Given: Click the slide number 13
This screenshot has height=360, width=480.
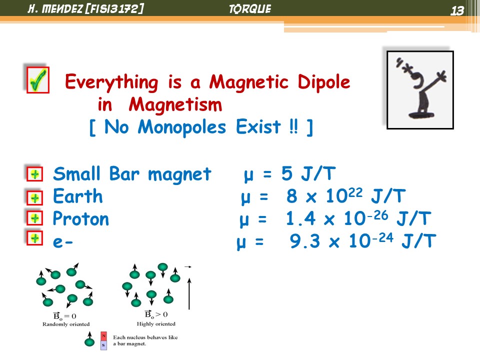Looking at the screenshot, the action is point(457,11).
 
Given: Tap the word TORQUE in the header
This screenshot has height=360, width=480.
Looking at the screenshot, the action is point(250,9).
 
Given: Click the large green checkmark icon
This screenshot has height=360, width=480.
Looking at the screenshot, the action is point(37,80).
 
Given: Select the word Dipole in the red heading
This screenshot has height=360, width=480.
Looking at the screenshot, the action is point(324,81).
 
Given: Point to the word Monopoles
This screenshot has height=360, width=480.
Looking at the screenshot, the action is point(182,126).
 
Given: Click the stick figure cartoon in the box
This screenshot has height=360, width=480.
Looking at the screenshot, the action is point(420,89).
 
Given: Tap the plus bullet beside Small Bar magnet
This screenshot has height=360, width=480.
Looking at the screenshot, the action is point(34,174).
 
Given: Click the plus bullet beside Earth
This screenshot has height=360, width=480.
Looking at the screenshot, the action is point(34,197).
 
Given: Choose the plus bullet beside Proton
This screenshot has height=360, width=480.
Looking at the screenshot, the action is point(34,218).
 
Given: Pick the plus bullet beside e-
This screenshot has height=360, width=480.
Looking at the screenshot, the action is point(34,238).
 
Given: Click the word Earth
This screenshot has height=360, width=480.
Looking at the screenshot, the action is point(78,196).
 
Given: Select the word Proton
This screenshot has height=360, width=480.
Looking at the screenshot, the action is point(81,218).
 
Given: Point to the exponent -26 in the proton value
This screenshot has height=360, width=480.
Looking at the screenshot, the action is point(377,215).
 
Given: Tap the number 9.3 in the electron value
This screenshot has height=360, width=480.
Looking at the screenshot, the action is point(305,241).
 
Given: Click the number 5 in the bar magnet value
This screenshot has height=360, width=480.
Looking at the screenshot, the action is point(287,173).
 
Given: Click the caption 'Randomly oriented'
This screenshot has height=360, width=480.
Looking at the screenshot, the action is point(66,324).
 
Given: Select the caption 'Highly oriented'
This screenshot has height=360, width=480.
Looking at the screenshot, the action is point(156,324).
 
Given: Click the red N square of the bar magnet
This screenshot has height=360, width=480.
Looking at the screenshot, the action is point(104,336).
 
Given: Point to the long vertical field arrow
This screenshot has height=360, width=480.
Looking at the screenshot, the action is point(189,293).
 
